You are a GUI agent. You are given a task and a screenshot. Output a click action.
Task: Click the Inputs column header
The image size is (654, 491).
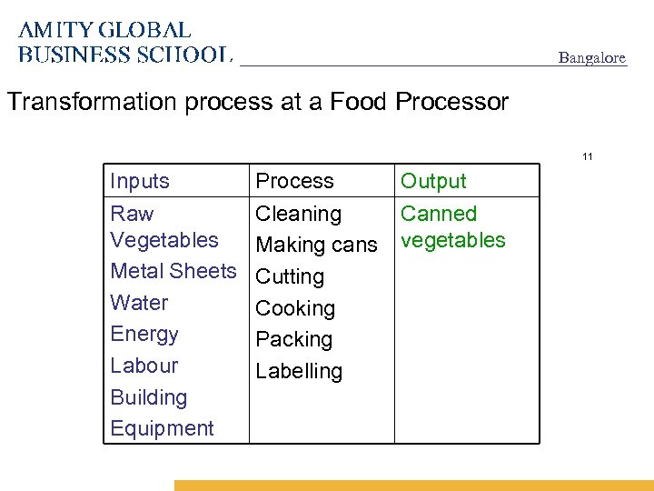pos(140,181)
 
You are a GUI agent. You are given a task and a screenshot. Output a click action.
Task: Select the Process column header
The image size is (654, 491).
pos(294,181)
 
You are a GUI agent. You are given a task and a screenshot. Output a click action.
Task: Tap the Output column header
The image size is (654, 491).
pos(433,181)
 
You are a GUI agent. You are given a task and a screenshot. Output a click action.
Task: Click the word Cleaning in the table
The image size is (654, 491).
pos(298,214)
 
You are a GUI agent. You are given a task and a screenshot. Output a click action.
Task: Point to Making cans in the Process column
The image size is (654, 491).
pos(316,245)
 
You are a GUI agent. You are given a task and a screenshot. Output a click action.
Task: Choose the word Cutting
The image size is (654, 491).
pos(290,276)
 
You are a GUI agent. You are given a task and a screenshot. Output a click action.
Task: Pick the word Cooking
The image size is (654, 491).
pos(295,308)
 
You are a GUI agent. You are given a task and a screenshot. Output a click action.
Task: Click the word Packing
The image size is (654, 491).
pos(293,339)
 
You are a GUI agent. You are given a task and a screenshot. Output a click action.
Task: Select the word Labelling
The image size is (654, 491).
pos(299,371)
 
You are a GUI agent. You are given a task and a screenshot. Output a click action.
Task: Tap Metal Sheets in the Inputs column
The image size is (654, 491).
pos(173,271)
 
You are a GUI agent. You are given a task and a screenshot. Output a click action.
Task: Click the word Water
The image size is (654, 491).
pos(139,303)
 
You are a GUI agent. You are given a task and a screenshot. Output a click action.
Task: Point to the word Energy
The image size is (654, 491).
pos(144,334)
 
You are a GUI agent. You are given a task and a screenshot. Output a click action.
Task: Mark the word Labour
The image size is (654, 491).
pos(144,366)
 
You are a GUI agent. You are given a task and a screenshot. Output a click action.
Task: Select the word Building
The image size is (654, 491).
pos(148,397)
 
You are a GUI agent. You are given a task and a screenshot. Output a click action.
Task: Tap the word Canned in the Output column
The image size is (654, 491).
pos(439,214)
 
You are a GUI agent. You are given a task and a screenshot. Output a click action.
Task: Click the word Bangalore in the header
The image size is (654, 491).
pos(591,58)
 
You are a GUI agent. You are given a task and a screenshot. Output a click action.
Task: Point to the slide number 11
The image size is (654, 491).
pos(588,157)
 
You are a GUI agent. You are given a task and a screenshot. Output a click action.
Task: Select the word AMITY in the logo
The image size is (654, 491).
pos(55,31)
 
